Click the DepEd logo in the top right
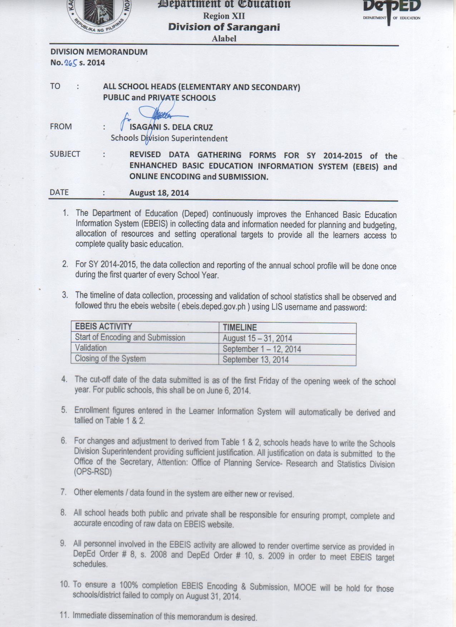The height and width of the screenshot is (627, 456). [x=392, y=11]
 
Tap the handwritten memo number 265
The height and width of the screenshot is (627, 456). [x=71, y=63]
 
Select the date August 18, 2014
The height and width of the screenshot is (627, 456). [x=159, y=193]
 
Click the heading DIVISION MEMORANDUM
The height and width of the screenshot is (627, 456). [x=99, y=52]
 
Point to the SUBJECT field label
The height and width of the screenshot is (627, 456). [x=65, y=154]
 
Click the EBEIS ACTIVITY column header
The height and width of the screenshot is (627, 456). [x=103, y=327]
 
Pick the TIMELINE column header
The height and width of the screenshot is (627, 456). [x=240, y=328]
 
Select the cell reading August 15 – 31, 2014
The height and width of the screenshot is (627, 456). [x=257, y=338]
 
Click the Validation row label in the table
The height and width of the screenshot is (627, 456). [x=91, y=348]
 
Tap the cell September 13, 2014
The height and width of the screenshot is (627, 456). [x=255, y=360]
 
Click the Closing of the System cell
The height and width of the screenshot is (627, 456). [x=110, y=359]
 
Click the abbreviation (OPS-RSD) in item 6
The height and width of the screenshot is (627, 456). [x=93, y=472]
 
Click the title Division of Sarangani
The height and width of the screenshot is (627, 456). [x=224, y=27]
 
